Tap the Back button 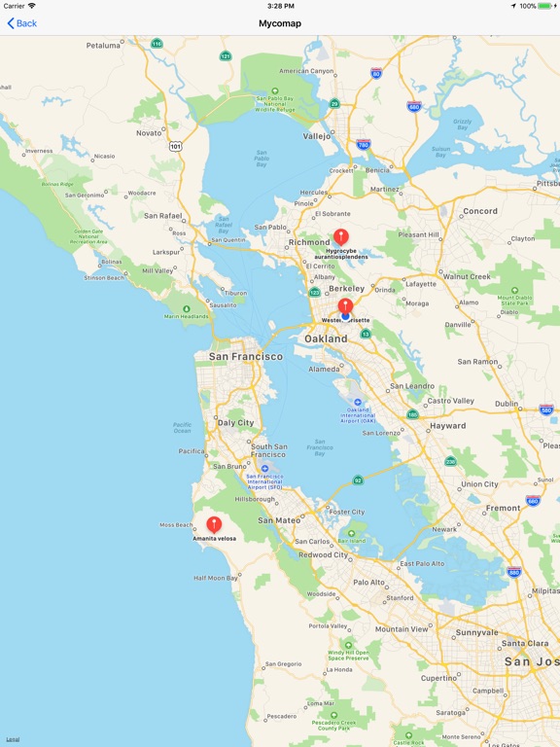[x=21, y=23]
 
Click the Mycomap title [x=280, y=23]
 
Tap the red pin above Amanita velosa [x=214, y=524]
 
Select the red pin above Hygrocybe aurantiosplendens [x=340, y=236]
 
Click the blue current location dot [x=345, y=316]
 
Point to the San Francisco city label [x=246, y=357]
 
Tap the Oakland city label [x=326, y=338]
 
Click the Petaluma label [x=103, y=46]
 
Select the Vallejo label [x=317, y=137]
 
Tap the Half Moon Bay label [x=216, y=578]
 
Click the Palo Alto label [x=368, y=583]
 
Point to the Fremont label [x=503, y=508]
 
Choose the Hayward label [x=447, y=426]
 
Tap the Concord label [x=480, y=211]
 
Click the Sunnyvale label [x=476, y=632]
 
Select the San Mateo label [x=278, y=520]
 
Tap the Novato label [x=149, y=132]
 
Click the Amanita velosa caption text [x=214, y=538]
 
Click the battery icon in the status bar [x=544, y=6]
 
